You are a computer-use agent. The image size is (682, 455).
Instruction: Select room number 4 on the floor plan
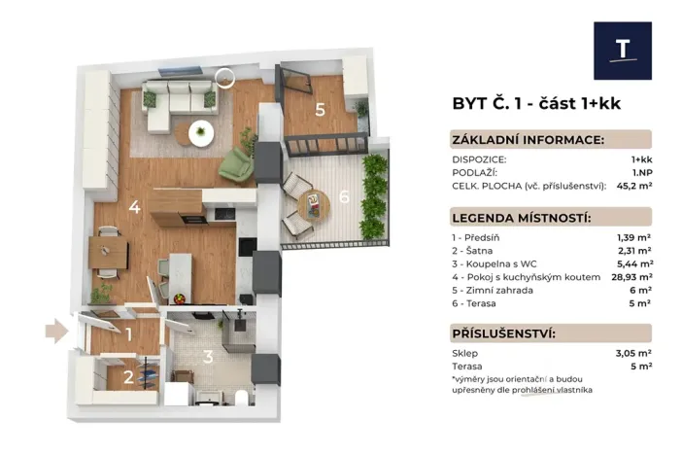tap(134, 206)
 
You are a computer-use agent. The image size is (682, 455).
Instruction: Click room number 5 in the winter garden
tap(320, 109)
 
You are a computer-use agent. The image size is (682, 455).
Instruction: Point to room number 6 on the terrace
tap(344, 197)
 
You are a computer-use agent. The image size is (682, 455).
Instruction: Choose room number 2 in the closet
tap(128, 376)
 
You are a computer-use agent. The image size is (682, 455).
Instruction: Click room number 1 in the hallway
tap(128, 333)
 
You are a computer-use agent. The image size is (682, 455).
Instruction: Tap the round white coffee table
tap(202, 129)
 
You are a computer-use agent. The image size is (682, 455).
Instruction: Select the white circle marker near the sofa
tap(225, 76)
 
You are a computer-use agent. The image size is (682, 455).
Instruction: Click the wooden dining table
tap(107, 252)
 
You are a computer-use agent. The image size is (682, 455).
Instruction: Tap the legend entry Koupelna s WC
tap(495, 262)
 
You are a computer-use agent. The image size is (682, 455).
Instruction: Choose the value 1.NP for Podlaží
tap(640, 171)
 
